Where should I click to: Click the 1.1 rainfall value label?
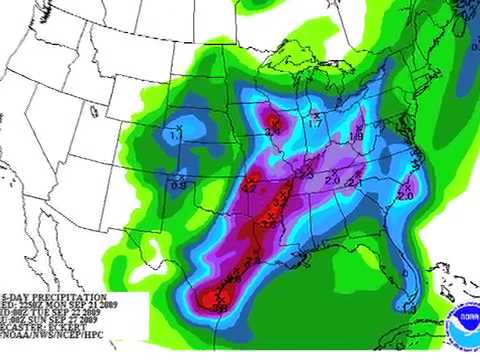[x=177, y=134]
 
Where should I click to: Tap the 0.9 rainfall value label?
[x=180, y=184]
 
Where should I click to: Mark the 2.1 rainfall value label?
[x=352, y=183]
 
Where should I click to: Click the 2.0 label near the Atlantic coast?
[x=405, y=196]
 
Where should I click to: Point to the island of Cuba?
[x=440, y=300]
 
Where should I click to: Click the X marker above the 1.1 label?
[x=177, y=126]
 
